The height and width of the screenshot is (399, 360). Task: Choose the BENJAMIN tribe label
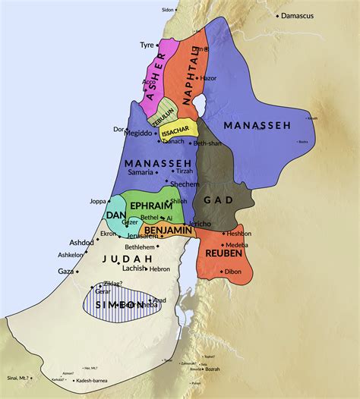tap(164, 229)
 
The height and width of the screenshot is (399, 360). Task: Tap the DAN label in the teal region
tap(116, 215)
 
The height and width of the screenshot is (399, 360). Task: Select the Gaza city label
tap(66, 271)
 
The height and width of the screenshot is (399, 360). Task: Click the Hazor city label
tap(208, 78)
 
